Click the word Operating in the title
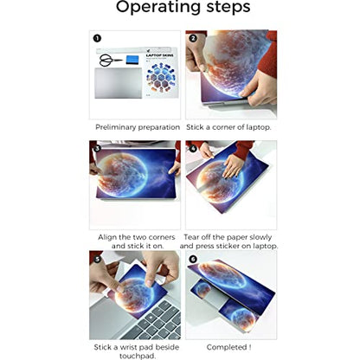(158, 7)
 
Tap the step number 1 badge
(97, 38)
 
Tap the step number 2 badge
(193, 38)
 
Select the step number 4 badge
(193, 149)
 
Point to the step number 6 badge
(193, 259)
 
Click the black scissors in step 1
(110, 60)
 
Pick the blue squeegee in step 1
(132, 60)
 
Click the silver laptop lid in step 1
(119, 83)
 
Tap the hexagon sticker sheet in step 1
(160, 74)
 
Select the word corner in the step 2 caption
(224, 127)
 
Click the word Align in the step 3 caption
(107, 237)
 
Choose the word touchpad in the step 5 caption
(137, 356)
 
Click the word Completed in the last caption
(227, 347)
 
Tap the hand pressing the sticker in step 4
(233, 165)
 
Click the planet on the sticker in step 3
(122, 175)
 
